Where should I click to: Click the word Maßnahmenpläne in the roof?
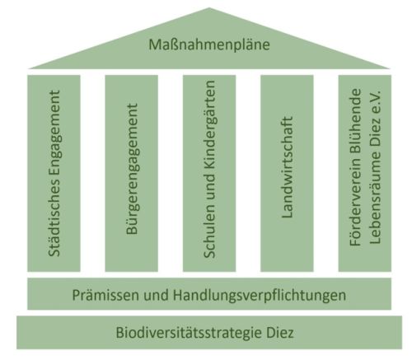point(209,45)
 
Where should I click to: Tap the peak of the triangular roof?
point(209,7)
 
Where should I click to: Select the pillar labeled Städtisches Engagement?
point(54,173)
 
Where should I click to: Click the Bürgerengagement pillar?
point(132,173)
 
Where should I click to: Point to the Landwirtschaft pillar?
point(287,173)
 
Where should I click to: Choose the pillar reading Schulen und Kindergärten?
point(209,173)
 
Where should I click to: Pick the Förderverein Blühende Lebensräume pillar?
point(365,173)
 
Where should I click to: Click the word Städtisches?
point(54,218)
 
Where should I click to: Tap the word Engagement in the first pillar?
point(54,133)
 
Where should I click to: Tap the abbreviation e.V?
point(375,101)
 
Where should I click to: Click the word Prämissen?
point(105,295)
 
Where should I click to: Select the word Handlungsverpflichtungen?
point(260,296)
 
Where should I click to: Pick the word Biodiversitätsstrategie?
point(189,333)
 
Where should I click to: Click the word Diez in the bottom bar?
point(279,333)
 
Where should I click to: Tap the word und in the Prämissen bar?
point(156,296)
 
